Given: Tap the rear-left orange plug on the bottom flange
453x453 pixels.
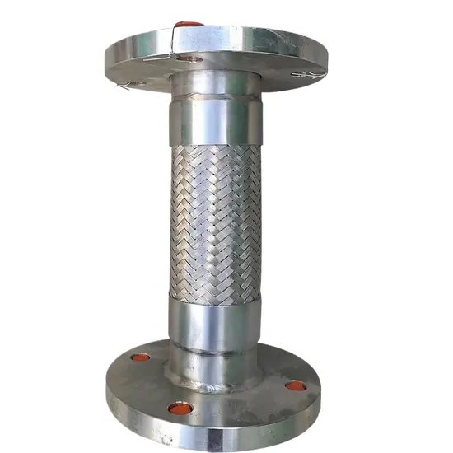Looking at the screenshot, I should click(x=141, y=358).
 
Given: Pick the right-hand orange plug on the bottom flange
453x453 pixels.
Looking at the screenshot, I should click(x=295, y=385).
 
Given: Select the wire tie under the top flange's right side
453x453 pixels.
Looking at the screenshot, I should click(x=308, y=75).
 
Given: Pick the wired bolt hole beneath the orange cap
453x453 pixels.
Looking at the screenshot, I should click(x=192, y=59).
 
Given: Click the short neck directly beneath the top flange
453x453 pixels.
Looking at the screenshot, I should click(x=216, y=83).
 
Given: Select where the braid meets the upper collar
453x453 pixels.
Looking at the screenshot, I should click(x=217, y=147).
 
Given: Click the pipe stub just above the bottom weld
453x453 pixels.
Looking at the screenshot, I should click(x=216, y=358).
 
